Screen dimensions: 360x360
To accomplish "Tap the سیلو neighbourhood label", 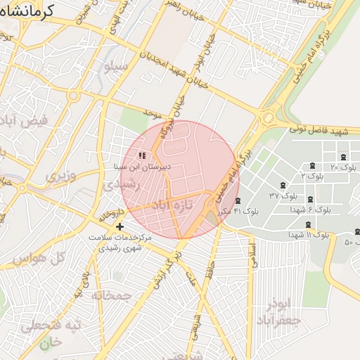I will [x=116, y=67].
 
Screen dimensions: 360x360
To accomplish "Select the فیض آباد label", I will [x=24, y=120].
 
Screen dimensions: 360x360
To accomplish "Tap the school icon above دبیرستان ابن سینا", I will [x=141, y=155].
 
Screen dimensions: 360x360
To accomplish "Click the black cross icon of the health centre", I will [x=120, y=226].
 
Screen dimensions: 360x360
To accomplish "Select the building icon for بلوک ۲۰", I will [x=342, y=157].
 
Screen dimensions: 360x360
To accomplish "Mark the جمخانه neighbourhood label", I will [x=112, y=295].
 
